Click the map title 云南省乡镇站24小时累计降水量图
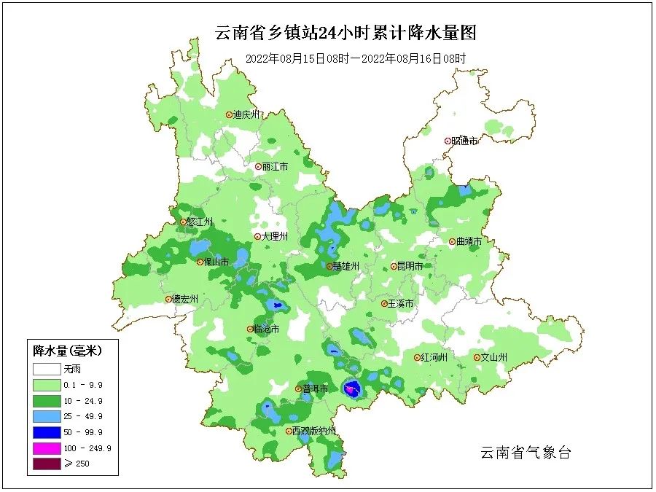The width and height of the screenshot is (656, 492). [x=346, y=33]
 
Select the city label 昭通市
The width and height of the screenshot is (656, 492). [x=464, y=141]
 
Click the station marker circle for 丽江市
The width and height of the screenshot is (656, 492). [x=258, y=167]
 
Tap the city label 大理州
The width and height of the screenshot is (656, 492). [x=276, y=237]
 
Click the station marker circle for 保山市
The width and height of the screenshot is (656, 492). [x=200, y=262]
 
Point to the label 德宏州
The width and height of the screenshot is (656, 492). [x=185, y=299]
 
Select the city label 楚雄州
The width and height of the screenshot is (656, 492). [x=345, y=267]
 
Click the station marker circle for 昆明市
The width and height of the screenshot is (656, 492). [x=394, y=267]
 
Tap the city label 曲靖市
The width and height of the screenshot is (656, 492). [x=469, y=242]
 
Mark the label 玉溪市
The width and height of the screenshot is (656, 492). [x=401, y=303]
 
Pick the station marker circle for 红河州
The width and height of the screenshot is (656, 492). [x=417, y=358]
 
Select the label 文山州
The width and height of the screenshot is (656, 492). [x=493, y=358]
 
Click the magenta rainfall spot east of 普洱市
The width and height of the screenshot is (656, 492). [x=351, y=391]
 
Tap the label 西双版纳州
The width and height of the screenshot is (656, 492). [x=314, y=432]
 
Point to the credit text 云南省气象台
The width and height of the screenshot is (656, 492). [x=525, y=453]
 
